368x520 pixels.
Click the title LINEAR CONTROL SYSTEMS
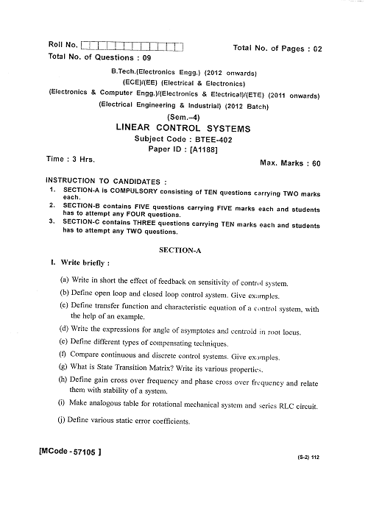coord(183,127)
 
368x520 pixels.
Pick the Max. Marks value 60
coord(316,163)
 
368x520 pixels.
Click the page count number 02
coord(317,49)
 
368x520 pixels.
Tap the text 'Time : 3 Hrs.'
coord(71,158)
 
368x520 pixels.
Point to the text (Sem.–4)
coord(183,116)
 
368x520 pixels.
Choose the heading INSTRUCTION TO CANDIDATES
coord(105,180)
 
